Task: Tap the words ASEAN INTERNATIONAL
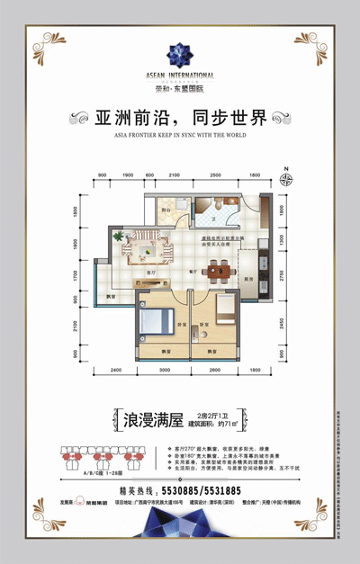(x=180, y=76)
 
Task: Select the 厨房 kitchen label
(x=247, y=280)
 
